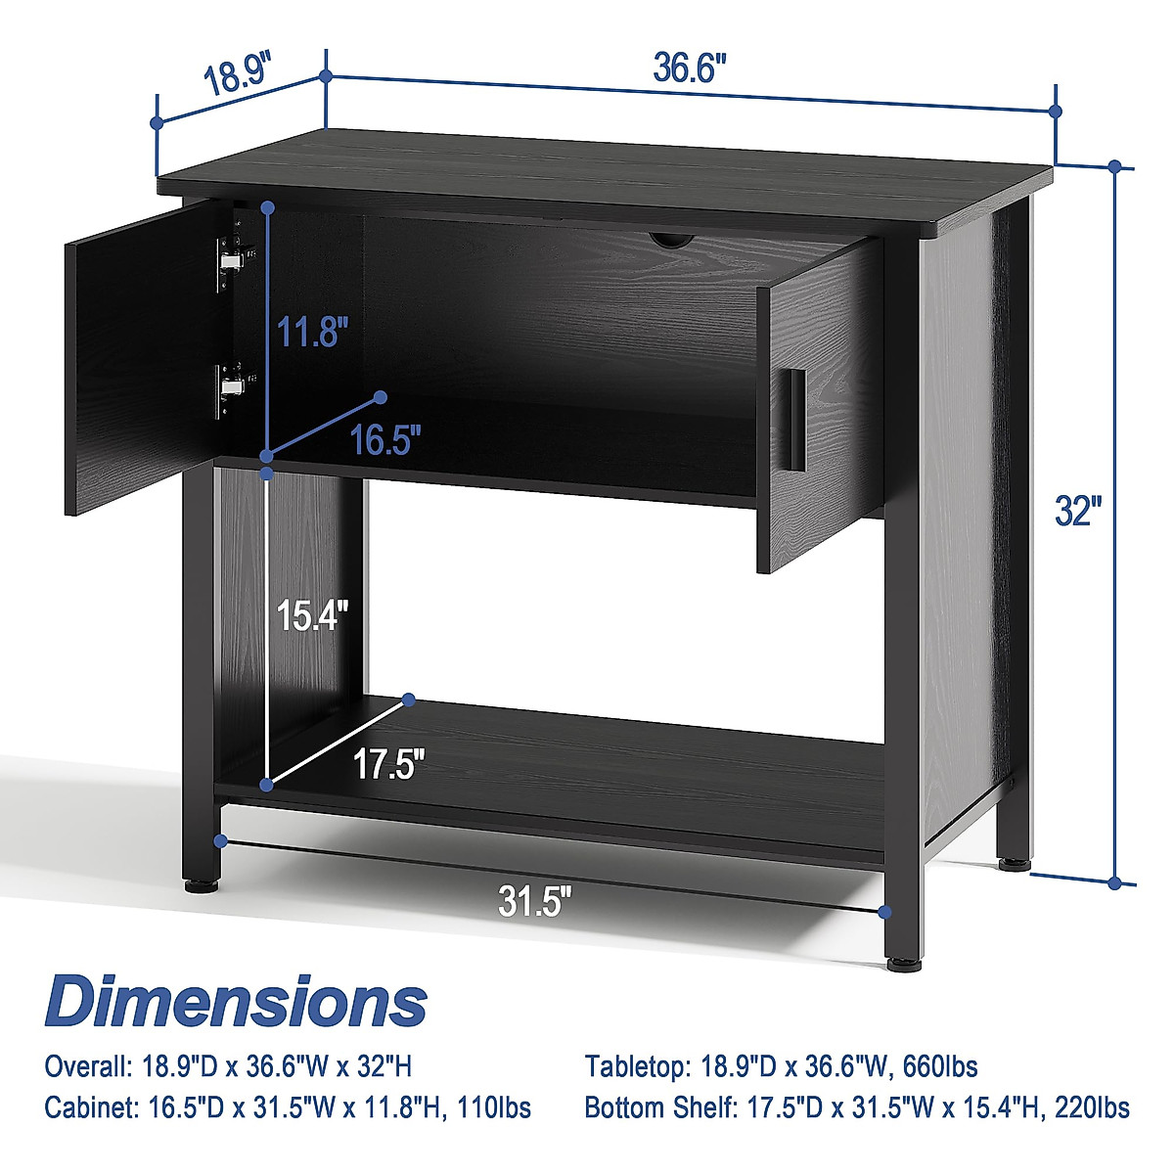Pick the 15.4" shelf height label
312,615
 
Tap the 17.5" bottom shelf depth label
389,764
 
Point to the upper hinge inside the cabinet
231,257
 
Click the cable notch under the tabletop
673,239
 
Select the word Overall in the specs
81,1065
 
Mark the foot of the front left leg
200,888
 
